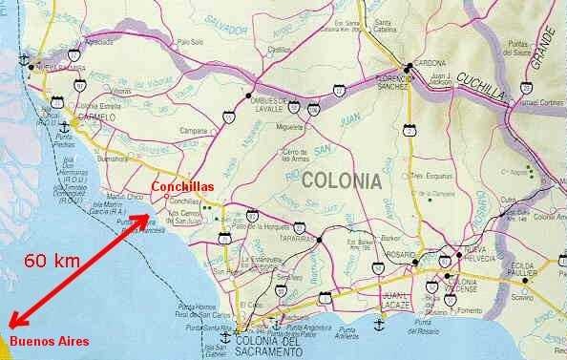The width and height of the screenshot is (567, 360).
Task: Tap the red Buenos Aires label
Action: click(x=49, y=341)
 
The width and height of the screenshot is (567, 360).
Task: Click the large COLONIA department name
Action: click(x=341, y=180)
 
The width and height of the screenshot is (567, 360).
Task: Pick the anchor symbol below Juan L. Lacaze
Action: click(x=380, y=325)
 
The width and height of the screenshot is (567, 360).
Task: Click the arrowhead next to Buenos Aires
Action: click(x=12, y=324)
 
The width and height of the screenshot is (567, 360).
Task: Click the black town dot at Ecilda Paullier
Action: click(x=523, y=281)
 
